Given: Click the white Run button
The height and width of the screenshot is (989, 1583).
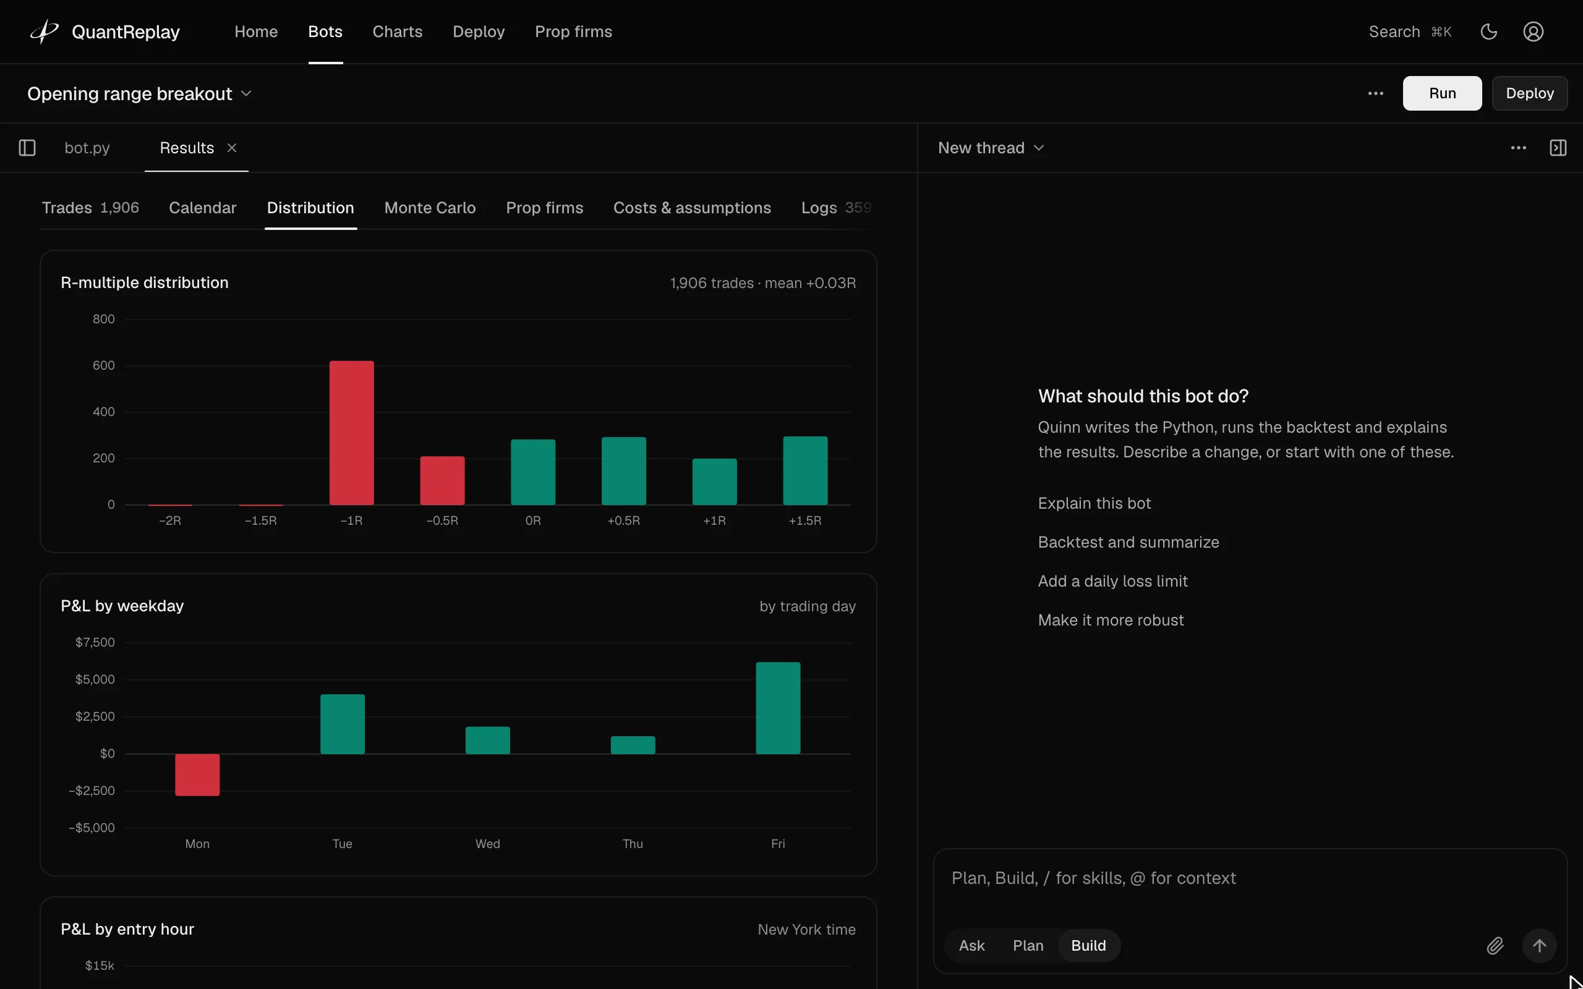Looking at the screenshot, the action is (x=1442, y=93).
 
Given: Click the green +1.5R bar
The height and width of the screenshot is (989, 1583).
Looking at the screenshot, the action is (x=805, y=470).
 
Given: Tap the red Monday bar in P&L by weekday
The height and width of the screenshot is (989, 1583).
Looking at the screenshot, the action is (x=197, y=775).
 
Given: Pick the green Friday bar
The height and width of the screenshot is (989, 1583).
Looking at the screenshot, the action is (x=778, y=708).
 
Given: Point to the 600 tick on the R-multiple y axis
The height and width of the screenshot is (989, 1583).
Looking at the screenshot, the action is (x=103, y=366).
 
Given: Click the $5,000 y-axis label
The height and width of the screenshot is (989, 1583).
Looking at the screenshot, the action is (x=95, y=679).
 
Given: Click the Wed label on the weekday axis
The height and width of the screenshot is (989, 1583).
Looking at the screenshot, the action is (x=487, y=844).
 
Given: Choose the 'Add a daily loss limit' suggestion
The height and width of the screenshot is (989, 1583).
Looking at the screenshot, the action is (x=1112, y=581).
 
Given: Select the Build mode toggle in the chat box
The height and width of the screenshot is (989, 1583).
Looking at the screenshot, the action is (x=1088, y=945).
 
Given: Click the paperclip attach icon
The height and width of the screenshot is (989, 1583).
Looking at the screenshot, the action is (x=1495, y=945).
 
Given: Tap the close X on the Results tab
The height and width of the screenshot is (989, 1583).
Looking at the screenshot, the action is (x=231, y=148).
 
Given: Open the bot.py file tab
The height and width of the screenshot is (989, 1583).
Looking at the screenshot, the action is (x=87, y=148).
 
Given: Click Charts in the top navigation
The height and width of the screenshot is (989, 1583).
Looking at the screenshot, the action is (x=397, y=32).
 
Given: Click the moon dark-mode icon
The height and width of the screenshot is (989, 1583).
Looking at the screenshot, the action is (x=1489, y=32).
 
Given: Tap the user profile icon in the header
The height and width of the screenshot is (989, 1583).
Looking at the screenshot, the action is (x=1534, y=32).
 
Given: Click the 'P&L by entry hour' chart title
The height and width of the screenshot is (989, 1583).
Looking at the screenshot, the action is (x=127, y=929).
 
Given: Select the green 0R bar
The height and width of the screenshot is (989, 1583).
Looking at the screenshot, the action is (x=533, y=472).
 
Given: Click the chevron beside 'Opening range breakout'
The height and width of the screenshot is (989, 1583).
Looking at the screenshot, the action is (x=246, y=93).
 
